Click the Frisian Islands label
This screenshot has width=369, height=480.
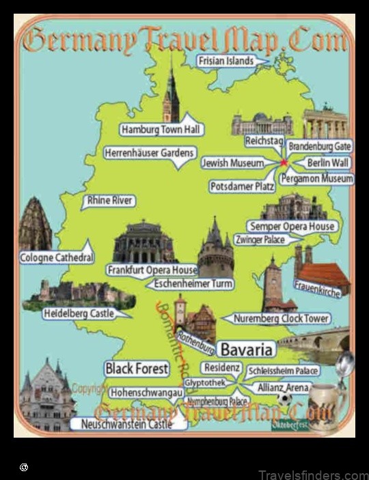225,61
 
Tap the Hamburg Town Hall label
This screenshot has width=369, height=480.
161,129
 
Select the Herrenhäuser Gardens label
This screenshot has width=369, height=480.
150,154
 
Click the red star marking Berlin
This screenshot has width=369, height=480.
284,163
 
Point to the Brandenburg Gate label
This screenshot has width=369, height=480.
319,146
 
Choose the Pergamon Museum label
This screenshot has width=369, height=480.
318,178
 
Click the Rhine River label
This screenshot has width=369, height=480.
109,201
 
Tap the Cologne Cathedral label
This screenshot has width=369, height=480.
56,257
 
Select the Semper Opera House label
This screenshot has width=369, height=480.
292,226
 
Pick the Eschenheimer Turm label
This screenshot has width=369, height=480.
193,283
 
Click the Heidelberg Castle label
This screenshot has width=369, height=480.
77,313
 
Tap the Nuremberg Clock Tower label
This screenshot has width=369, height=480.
281,318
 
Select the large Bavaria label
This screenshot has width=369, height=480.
246,350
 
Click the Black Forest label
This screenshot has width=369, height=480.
137,369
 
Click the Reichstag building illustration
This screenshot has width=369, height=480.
262,124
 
